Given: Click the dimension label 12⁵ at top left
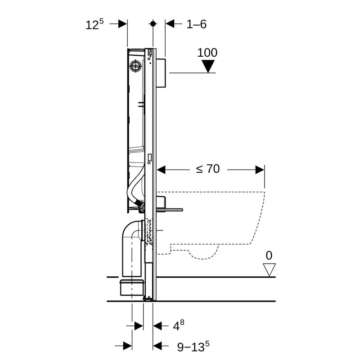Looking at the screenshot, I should [94, 24].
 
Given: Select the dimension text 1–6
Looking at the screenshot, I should [196, 24].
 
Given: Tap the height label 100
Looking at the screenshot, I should [207, 53].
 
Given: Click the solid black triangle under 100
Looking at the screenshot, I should [207, 67].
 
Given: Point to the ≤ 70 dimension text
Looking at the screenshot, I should [207, 169].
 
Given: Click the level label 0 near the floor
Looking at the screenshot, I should [269, 256].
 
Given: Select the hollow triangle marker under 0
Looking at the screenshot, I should [269, 270].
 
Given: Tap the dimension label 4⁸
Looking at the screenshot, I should [179, 324].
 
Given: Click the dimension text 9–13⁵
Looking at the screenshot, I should [192, 346].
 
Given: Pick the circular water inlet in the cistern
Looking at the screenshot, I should [135, 67].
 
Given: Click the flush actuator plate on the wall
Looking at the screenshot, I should [162, 72].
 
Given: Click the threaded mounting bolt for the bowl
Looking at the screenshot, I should [171, 209].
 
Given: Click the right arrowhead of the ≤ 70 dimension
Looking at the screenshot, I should [260, 170].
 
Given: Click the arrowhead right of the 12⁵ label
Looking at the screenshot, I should [123, 24].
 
